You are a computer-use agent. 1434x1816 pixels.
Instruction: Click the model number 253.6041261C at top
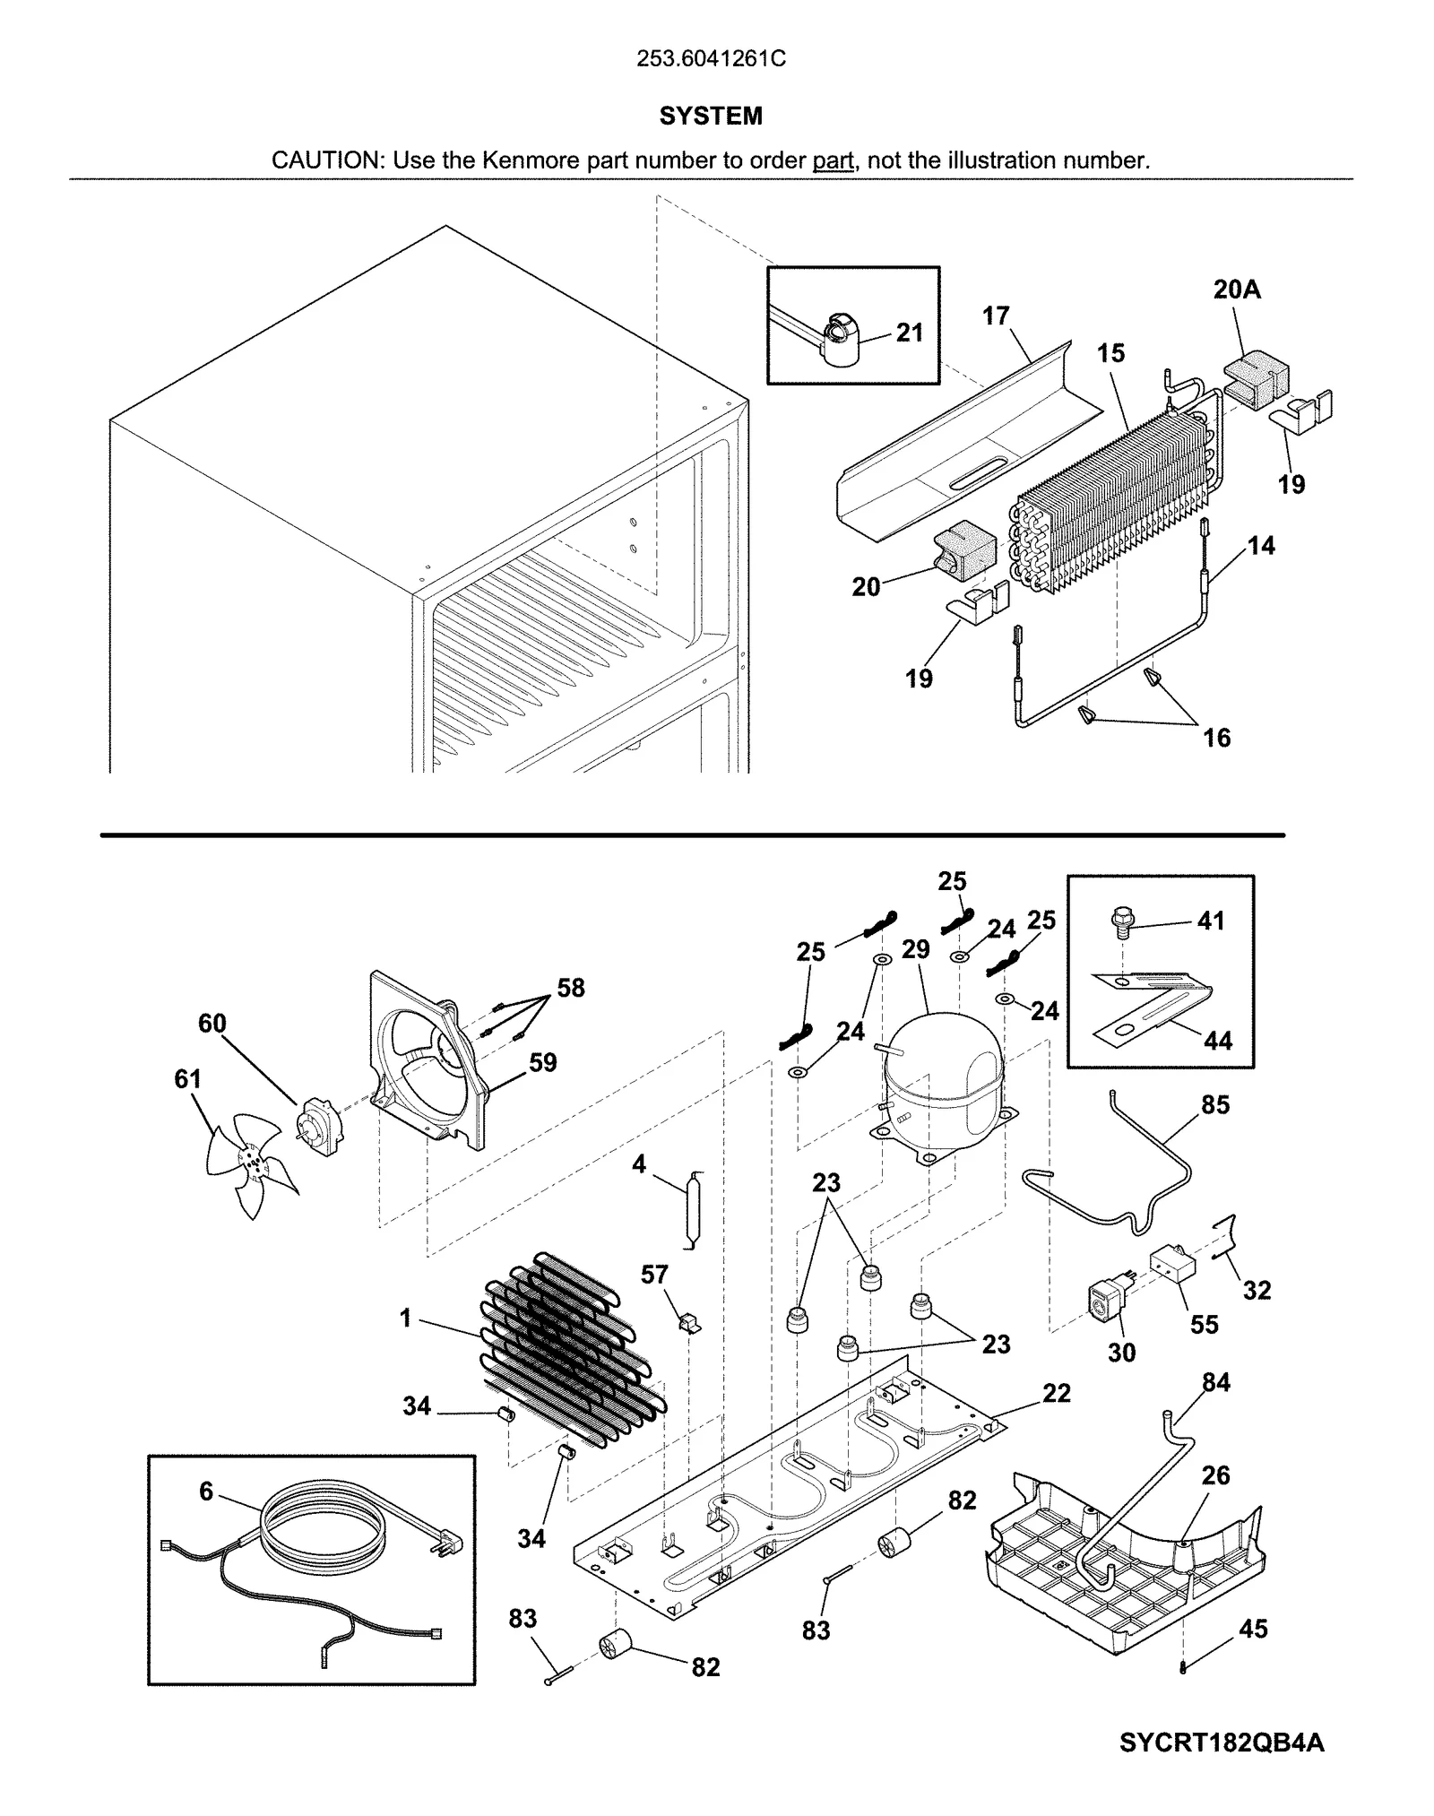coord(711,59)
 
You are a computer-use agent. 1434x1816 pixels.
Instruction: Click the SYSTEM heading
coord(711,116)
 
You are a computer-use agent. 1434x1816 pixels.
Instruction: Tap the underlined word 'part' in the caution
coord(833,161)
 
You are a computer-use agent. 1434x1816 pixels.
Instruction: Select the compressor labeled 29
coord(941,1080)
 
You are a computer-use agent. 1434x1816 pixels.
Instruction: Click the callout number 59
coord(543,1063)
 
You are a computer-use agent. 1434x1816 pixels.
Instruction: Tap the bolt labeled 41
coord(1121,921)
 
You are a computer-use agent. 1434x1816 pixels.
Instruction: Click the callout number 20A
coord(1237,290)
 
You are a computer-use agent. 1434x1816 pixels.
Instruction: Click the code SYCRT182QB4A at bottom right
coord(1221,1743)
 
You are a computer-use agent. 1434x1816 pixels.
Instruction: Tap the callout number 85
coord(1215,1105)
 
